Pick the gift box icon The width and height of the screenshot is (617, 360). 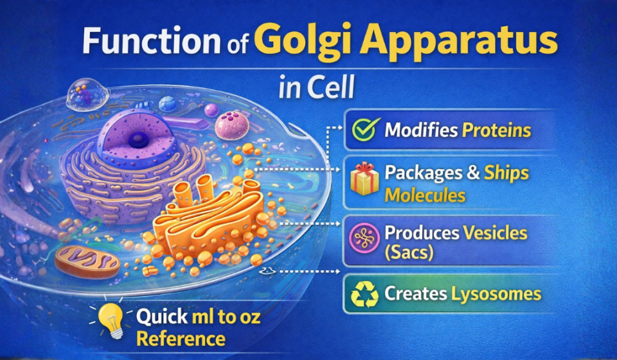[x=365, y=180]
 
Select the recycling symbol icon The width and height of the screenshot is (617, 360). [x=364, y=294]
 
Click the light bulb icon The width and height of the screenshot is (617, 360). [x=112, y=320]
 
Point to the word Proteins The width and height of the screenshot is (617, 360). [x=496, y=130]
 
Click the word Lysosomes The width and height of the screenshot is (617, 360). [x=495, y=294]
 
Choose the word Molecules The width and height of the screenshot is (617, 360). [x=425, y=195]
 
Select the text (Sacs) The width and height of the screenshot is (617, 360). [x=409, y=253]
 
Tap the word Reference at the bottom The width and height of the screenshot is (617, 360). [x=180, y=338]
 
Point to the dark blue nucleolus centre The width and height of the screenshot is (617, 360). [x=136, y=139]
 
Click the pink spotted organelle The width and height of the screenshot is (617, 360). [x=231, y=125]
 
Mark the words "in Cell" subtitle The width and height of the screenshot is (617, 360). [x=317, y=89]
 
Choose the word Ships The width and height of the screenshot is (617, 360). [x=506, y=174]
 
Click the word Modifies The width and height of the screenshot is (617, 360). [x=421, y=130]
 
